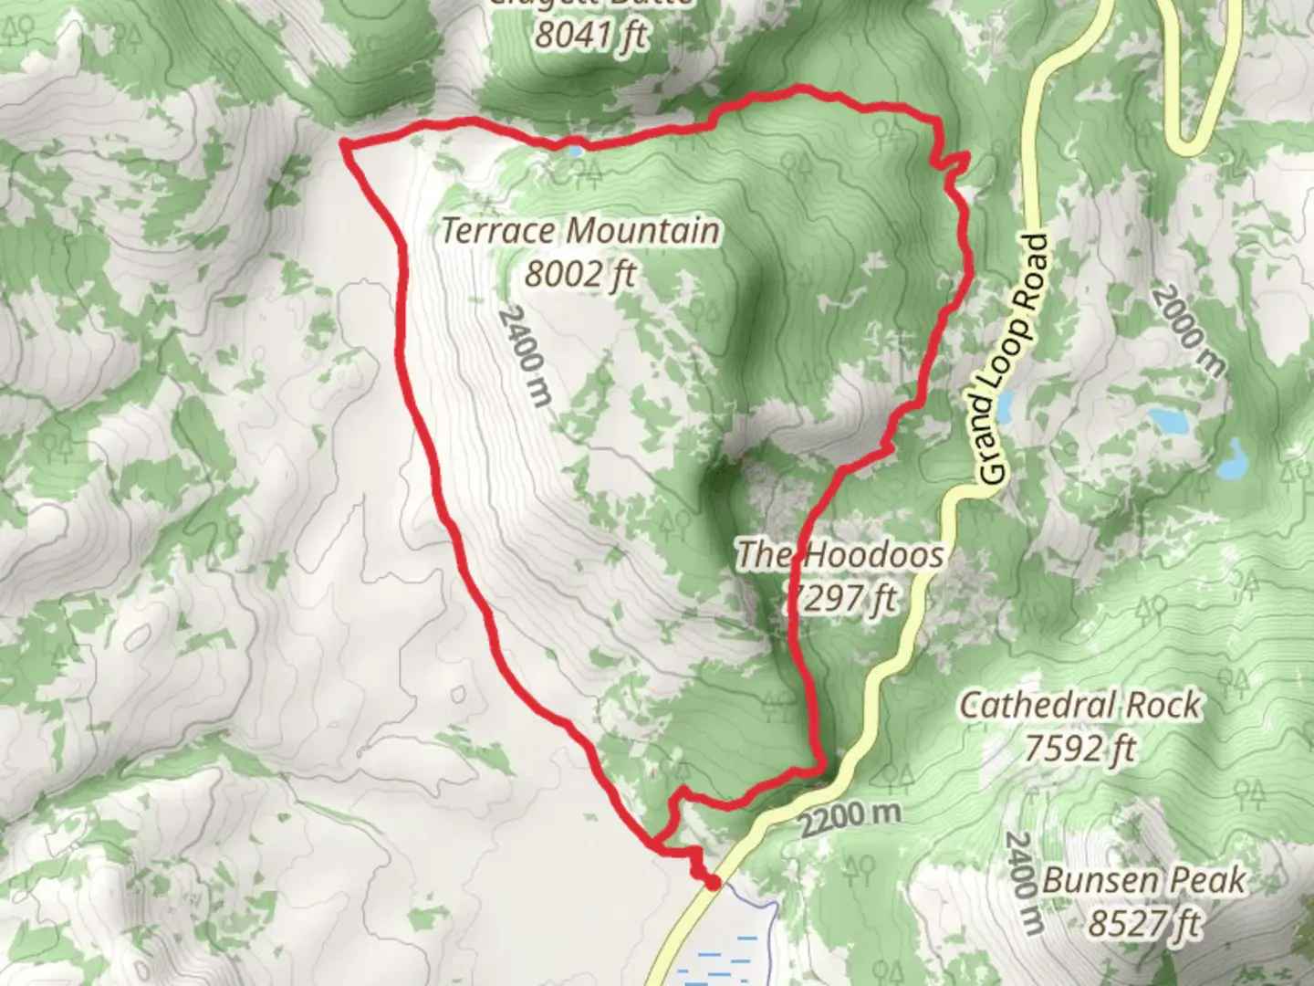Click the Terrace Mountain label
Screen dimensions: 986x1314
580,231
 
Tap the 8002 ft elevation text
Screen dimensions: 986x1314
580,273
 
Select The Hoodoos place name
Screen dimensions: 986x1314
839,554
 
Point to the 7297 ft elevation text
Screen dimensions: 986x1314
841,598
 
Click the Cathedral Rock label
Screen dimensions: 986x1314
1079,705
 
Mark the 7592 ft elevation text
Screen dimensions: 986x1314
1079,749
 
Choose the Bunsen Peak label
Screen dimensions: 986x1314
1143,881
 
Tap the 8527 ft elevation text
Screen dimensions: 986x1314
1143,924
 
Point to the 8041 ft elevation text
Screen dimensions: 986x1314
591,35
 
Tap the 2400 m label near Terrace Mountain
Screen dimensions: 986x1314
526,356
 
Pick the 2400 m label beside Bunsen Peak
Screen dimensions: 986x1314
1024,883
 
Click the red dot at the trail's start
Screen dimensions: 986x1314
712,882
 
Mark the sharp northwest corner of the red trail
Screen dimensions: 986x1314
344,142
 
